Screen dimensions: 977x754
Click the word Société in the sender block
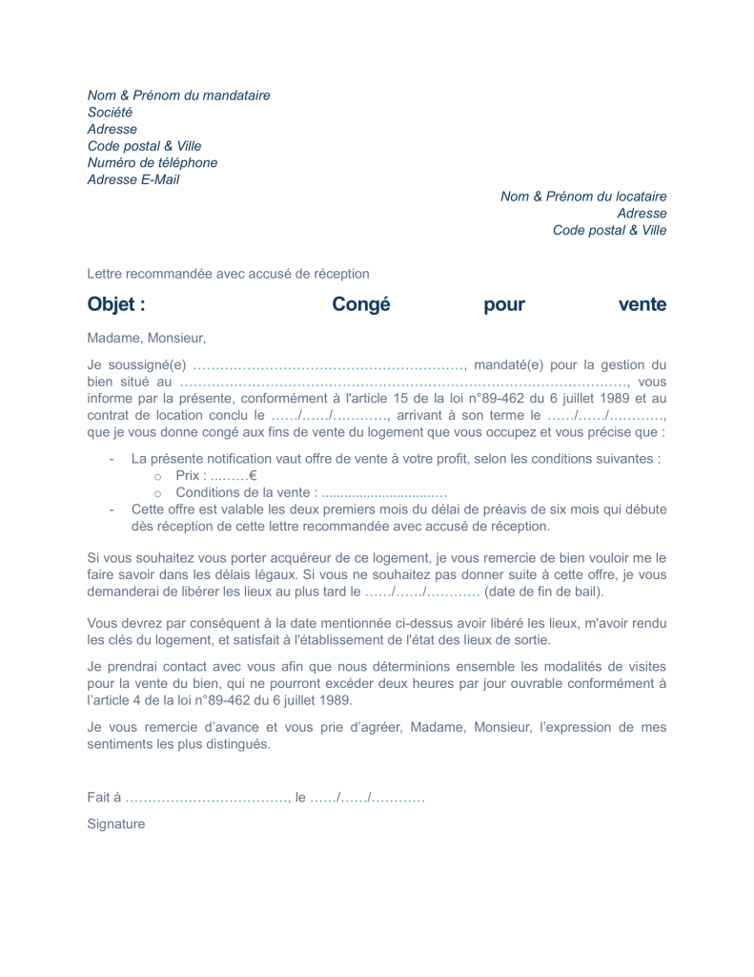tap(111, 113)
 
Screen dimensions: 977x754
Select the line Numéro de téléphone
tap(153, 163)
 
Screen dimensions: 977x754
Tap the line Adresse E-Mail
tap(133, 179)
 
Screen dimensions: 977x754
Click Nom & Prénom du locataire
tap(583, 197)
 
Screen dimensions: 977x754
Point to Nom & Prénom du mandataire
tap(179, 95)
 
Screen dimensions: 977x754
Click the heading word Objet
tap(115, 305)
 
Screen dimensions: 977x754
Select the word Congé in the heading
tap(361, 305)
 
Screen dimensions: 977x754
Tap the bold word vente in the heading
tap(642, 305)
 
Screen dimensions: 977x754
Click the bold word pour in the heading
tap(504, 305)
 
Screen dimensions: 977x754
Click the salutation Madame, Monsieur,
tap(146, 338)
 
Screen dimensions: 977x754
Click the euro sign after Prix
tap(253, 475)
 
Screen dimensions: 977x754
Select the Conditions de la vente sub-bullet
tap(246, 492)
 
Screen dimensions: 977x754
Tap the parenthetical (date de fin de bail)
tap(544, 592)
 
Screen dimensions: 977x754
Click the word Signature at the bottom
tap(116, 823)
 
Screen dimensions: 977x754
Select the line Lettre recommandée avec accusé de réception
tap(228, 274)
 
